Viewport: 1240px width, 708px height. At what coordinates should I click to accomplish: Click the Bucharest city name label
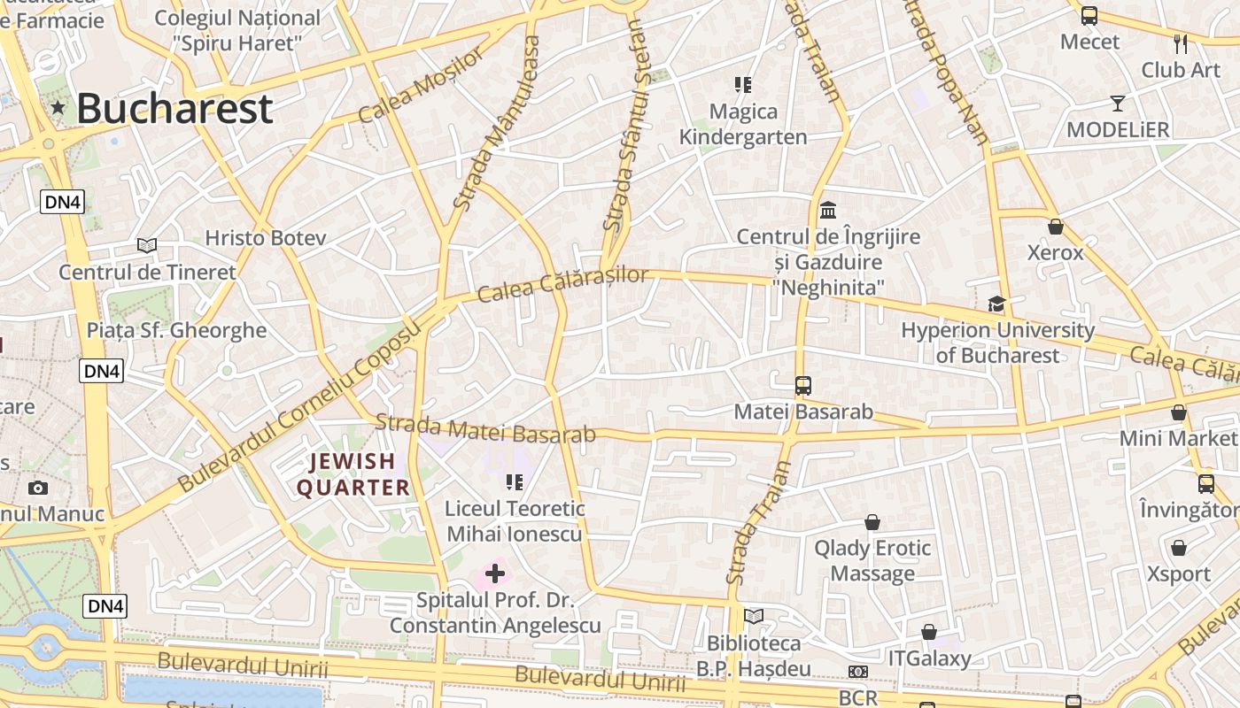click(174, 109)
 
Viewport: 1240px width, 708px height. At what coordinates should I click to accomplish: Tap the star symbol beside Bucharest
click(58, 108)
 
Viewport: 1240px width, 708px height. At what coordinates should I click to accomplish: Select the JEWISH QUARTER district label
click(353, 474)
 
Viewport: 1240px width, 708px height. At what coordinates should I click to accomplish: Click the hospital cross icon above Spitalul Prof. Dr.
click(495, 573)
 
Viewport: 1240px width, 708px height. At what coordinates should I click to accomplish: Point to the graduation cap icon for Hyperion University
click(997, 304)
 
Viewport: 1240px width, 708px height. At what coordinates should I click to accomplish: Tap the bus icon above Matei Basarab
click(803, 386)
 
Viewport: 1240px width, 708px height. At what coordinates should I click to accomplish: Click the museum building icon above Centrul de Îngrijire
click(829, 211)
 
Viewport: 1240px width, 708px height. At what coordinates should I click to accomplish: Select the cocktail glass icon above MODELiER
click(1118, 104)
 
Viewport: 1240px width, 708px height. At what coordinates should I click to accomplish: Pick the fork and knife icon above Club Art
click(1181, 43)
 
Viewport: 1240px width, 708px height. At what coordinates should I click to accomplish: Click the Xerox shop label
click(1055, 252)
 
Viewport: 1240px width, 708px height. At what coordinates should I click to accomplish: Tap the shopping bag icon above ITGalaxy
click(929, 632)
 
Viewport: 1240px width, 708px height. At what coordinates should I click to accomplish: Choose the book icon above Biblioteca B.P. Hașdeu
click(754, 616)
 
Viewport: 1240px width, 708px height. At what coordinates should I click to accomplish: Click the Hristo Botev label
click(266, 238)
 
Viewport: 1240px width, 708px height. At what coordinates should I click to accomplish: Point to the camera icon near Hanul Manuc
click(38, 488)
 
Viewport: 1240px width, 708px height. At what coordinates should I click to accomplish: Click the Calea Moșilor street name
click(422, 86)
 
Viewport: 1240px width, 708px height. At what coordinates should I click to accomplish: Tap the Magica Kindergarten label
click(743, 124)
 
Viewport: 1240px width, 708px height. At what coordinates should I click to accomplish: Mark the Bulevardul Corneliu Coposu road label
click(298, 407)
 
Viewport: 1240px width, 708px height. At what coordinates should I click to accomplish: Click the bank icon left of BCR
click(857, 673)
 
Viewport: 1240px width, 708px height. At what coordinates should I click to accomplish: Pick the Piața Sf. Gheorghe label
click(176, 330)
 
